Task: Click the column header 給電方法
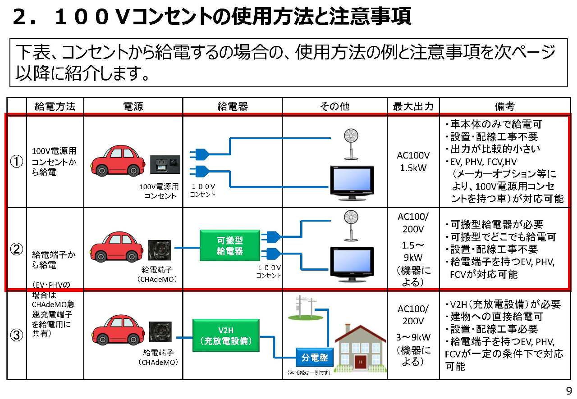[55, 106]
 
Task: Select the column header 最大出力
[413, 106]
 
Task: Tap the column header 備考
[504, 106]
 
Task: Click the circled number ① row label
[17, 161]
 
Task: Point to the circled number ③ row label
[17, 335]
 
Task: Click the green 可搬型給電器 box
[230, 245]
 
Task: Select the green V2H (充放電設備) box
[226, 336]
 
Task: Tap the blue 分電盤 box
[315, 357]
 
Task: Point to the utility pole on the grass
[304, 308]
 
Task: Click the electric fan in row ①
[351, 145]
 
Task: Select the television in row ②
[352, 264]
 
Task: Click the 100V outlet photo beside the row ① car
[165, 164]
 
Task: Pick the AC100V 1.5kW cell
[413, 161]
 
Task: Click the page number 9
[569, 391]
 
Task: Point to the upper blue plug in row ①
[199, 154]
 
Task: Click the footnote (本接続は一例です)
[309, 372]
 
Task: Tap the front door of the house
[360, 362]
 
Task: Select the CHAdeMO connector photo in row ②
[160, 250]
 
